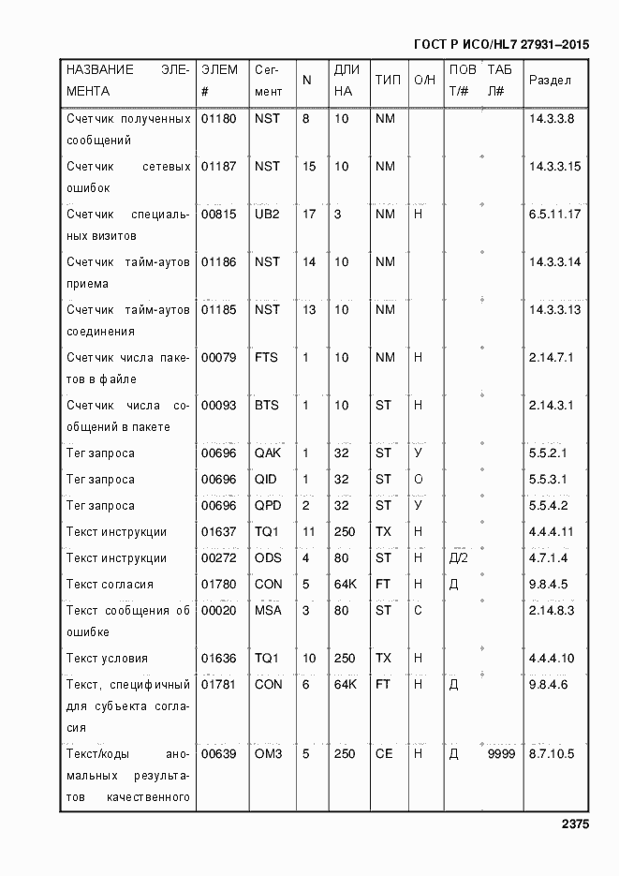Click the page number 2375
click(575, 825)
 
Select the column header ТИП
click(388, 81)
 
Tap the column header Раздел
click(550, 81)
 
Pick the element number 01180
click(218, 119)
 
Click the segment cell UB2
click(267, 215)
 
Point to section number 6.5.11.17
click(555, 215)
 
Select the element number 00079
click(218, 358)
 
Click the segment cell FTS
click(267, 358)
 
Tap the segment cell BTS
click(267, 406)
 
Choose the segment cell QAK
click(268, 453)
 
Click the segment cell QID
click(267, 480)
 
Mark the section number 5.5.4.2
click(548, 506)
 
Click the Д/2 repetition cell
click(459, 558)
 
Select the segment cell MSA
click(268, 611)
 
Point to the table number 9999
click(501, 754)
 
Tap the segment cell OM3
click(268, 754)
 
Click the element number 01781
click(218, 685)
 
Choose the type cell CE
click(384, 754)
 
